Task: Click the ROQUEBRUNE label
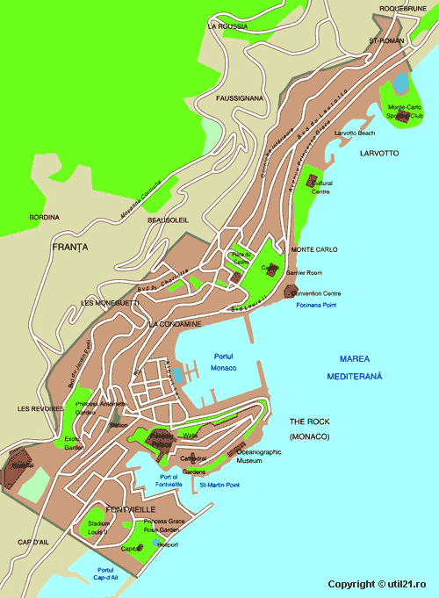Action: [x=402, y=9]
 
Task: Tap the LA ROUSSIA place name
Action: [x=226, y=26]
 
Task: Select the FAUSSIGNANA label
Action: [x=240, y=98]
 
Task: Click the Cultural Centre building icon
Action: [x=312, y=180]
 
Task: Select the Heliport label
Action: [x=166, y=544]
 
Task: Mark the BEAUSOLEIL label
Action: [x=169, y=220]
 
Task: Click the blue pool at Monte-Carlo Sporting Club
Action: [x=400, y=83]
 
